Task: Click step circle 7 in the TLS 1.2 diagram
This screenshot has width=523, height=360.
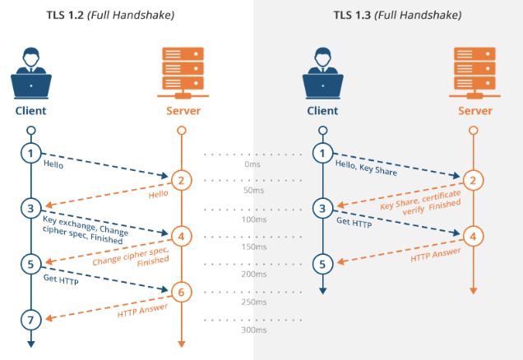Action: click(x=30, y=318)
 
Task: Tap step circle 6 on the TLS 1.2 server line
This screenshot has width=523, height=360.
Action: click(x=182, y=291)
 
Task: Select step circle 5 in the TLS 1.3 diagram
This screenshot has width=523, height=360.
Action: click(x=322, y=264)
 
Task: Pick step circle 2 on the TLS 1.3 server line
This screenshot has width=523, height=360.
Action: click(x=473, y=181)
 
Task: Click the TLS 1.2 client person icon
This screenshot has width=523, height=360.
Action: click(x=30, y=74)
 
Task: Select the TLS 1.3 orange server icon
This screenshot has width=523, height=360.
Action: click(x=473, y=71)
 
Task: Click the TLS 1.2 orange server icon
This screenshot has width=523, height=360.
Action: click(x=182, y=71)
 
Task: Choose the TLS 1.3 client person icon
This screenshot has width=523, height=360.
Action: click(x=322, y=74)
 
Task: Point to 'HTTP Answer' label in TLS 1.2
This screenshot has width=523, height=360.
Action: click(x=142, y=311)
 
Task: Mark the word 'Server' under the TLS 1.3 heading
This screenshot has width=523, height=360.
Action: click(x=473, y=110)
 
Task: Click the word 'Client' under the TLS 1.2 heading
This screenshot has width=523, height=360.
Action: click(x=30, y=110)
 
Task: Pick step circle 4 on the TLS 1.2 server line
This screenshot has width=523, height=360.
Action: click(x=182, y=236)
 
